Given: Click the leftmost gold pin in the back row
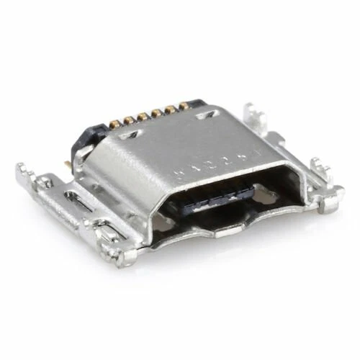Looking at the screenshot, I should coord(116,123).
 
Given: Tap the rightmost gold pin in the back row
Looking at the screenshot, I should coord(184,105).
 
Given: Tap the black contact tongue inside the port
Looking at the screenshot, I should coord(216,196).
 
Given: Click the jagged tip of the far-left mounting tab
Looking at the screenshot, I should coord(24,173).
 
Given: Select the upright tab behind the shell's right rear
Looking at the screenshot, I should coord(253,115).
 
